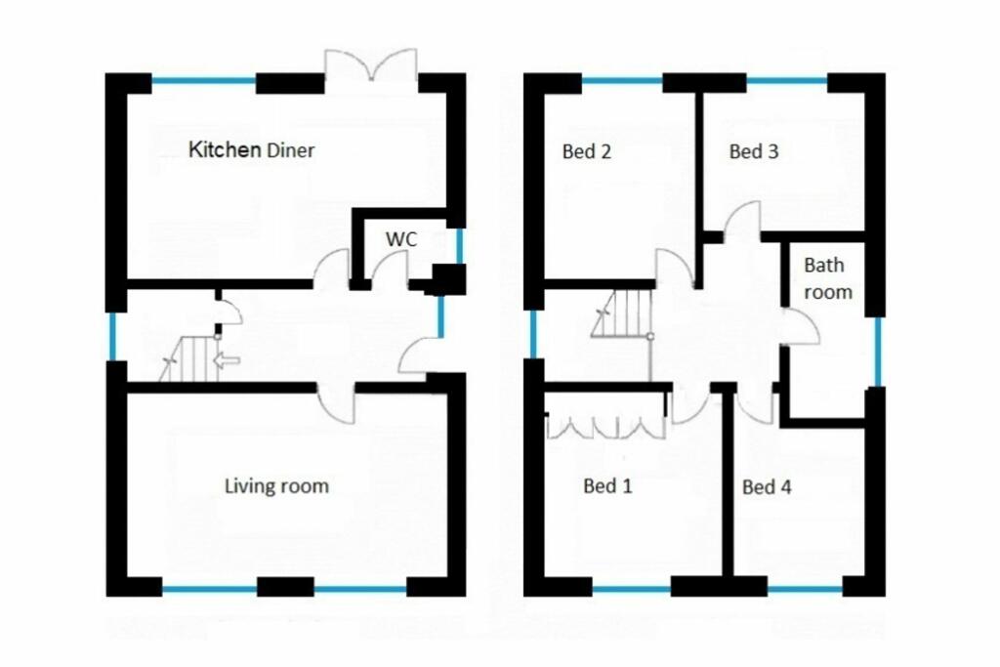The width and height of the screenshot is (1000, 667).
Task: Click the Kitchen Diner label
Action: [x=251, y=150]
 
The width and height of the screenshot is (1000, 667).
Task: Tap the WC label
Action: [x=400, y=239]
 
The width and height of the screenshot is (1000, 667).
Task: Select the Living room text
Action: [x=276, y=485]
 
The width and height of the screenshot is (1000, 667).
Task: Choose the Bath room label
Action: [x=827, y=278]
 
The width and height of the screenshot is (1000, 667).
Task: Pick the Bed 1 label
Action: [x=607, y=486]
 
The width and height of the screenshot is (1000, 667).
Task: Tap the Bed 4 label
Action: [x=767, y=486]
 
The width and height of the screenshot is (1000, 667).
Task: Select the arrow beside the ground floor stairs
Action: [x=226, y=361]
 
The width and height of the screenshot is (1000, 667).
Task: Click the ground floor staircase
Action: [x=190, y=359]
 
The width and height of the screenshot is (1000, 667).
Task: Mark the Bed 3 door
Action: [x=743, y=220]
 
